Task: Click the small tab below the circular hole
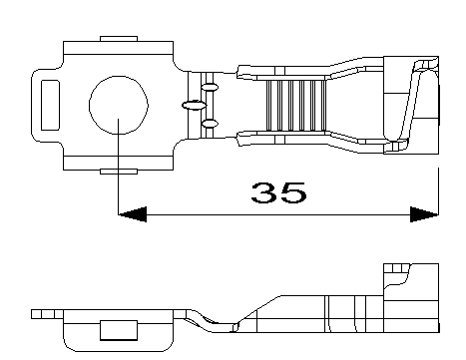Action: tap(118, 172)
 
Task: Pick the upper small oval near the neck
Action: tap(210, 89)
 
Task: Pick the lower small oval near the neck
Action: tap(210, 124)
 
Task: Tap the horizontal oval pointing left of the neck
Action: tap(192, 105)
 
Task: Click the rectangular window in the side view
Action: tap(118, 330)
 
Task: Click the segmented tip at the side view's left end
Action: tap(42, 313)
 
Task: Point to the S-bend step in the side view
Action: tap(210, 321)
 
